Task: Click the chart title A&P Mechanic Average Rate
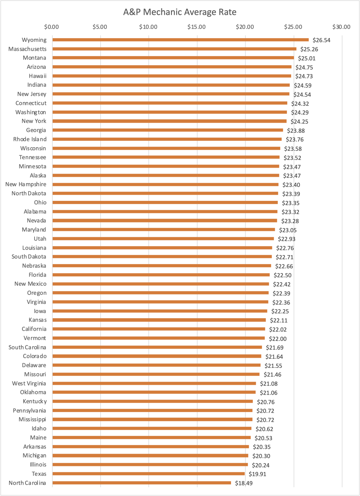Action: [180, 12]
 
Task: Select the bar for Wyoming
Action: [180, 40]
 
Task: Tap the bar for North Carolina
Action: [142, 483]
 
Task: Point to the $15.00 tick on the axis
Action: [196, 27]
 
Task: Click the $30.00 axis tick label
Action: [341, 27]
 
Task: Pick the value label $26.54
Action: [322, 40]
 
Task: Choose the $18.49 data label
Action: [244, 483]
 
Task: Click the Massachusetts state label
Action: [27, 49]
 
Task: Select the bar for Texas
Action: [149, 474]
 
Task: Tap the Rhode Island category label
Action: [30, 139]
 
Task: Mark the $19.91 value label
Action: [258, 474]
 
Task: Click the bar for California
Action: [159, 329]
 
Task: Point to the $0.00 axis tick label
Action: [52, 27]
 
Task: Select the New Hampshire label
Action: [26, 184]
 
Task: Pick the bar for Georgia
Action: [168, 130]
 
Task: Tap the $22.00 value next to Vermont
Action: [278, 339]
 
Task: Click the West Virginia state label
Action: [29, 383]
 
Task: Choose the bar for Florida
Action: [161, 275]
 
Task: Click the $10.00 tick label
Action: [148, 27]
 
